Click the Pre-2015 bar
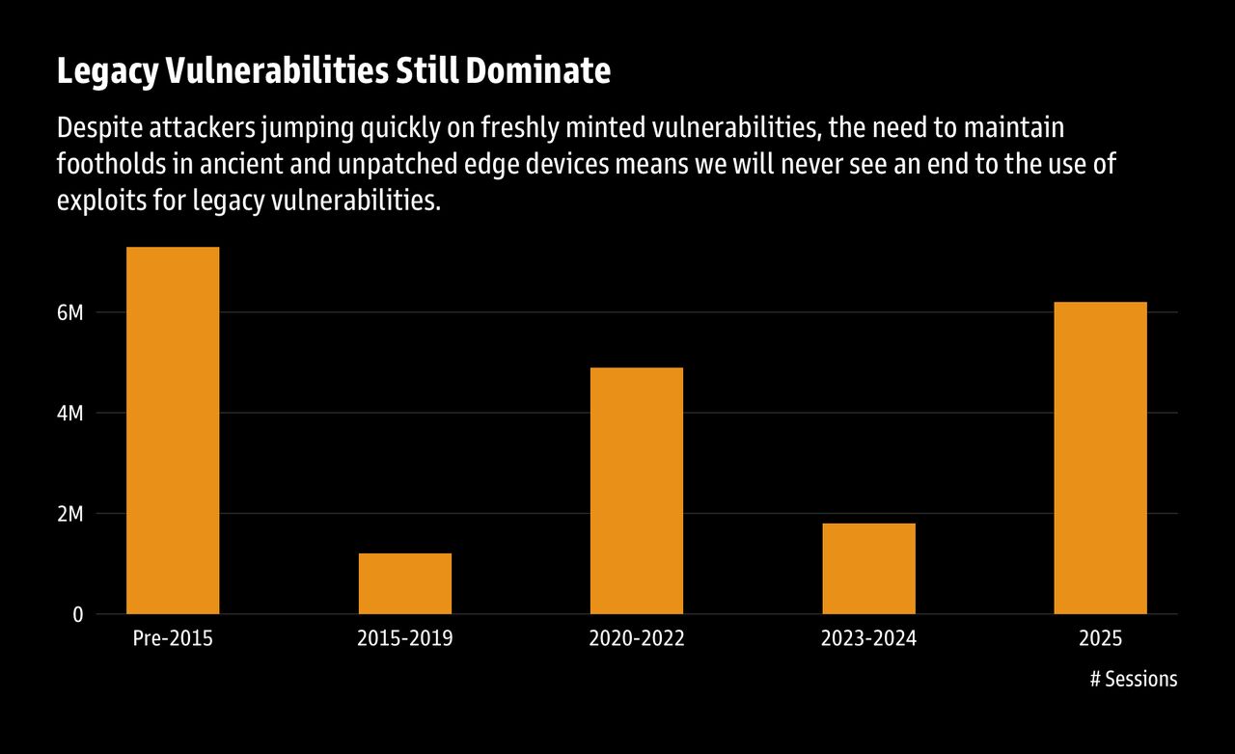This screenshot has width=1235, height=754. tap(173, 430)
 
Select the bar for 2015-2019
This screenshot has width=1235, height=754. tap(405, 583)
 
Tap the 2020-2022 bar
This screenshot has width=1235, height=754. tap(637, 491)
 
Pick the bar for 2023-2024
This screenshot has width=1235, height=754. tap(869, 569)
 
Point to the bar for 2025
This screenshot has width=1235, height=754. tap(1101, 458)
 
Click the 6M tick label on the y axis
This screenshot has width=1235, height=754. tap(70, 313)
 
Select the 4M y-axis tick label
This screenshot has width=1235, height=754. tap(70, 414)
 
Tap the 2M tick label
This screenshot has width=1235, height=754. tap(70, 514)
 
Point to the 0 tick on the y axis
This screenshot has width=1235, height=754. tap(78, 614)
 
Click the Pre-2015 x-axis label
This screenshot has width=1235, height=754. tap(173, 638)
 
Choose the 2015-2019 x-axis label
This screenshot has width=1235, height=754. tap(405, 638)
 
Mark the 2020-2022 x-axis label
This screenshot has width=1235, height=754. tap(637, 638)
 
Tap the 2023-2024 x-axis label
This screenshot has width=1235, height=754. tap(869, 638)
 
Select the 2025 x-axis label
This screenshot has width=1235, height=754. tap(1101, 638)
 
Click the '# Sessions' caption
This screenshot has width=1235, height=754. tap(1134, 679)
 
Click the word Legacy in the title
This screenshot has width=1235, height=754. tap(108, 72)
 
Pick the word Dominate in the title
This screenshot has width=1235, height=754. tap(538, 70)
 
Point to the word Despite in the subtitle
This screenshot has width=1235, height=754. tap(99, 128)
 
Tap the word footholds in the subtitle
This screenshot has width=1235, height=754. tap(111, 164)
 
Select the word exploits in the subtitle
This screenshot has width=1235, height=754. tap(102, 201)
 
